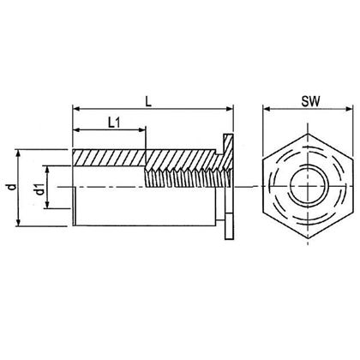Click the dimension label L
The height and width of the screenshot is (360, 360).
point(149,99)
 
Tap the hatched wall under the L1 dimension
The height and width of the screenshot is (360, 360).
point(110,159)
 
